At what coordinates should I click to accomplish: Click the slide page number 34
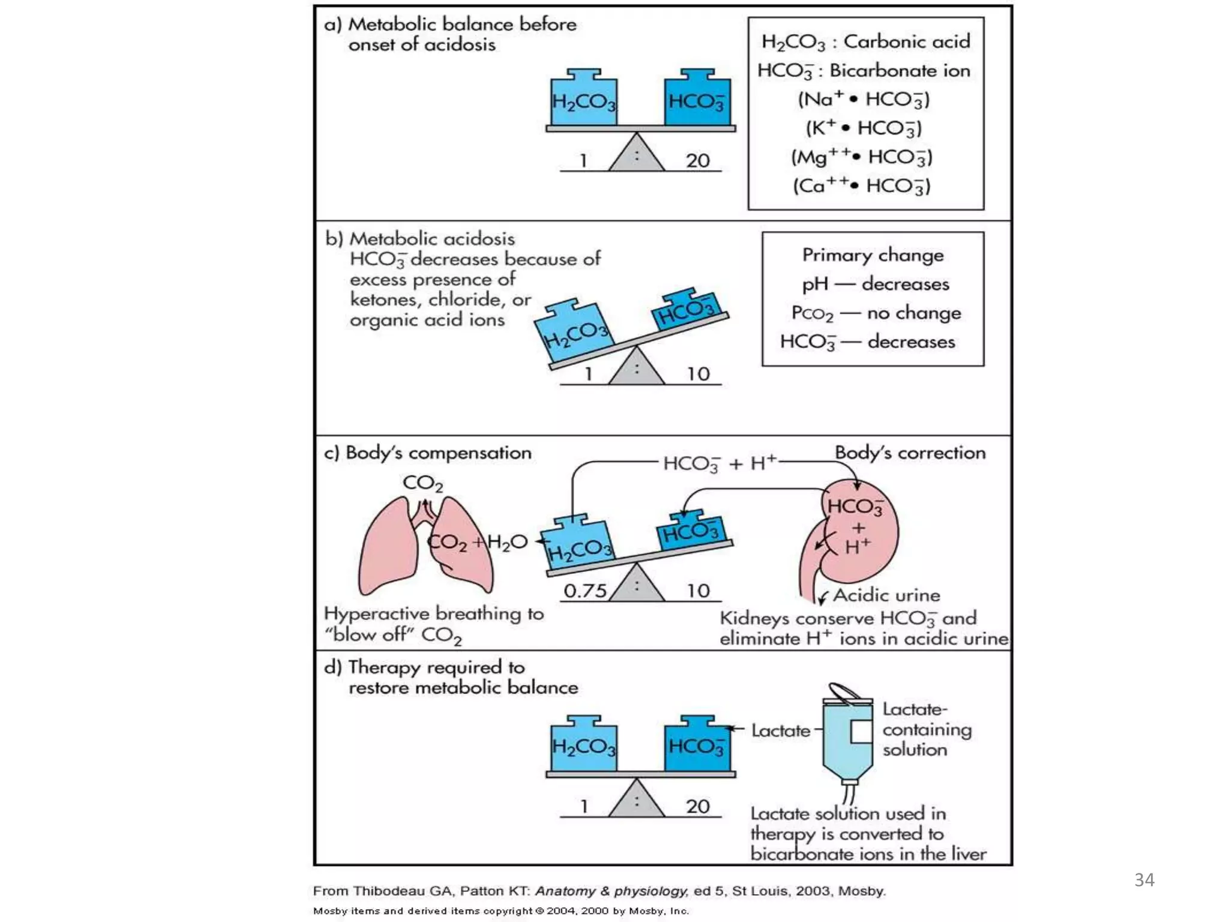(x=1144, y=880)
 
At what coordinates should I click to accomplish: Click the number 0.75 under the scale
(x=584, y=591)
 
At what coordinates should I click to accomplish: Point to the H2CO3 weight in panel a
(x=583, y=99)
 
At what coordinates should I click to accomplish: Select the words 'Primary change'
(x=873, y=255)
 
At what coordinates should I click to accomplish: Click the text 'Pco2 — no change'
(x=876, y=313)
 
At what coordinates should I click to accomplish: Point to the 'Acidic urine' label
(x=886, y=595)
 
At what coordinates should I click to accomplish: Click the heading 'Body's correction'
(x=910, y=453)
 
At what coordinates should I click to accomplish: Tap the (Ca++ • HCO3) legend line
(x=861, y=185)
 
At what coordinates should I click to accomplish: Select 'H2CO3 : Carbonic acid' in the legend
(x=865, y=41)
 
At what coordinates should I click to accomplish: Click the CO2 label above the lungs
(x=422, y=483)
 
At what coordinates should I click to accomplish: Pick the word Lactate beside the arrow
(x=780, y=731)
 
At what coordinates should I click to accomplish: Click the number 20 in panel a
(x=697, y=161)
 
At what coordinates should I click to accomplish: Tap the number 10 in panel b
(x=698, y=374)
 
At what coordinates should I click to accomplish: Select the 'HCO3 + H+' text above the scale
(x=720, y=463)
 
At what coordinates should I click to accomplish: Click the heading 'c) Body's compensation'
(x=427, y=453)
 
